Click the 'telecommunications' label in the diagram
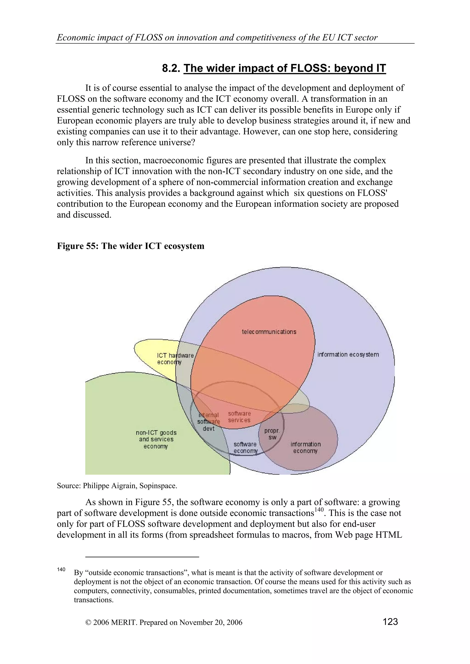[x=269, y=332]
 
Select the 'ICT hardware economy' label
[x=175, y=359]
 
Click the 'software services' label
[x=239, y=417]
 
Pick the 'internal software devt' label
[x=209, y=422]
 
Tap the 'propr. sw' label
[x=272, y=434]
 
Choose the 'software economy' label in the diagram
[x=245, y=447]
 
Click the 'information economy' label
[x=305, y=447]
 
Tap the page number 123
[x=390, y=621]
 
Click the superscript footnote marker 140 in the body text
[x=319, y=510]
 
